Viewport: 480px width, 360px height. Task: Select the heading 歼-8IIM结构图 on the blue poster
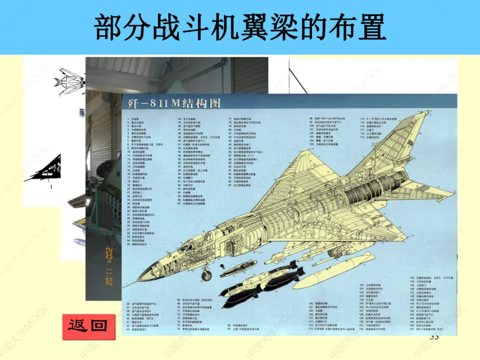click(171, 104)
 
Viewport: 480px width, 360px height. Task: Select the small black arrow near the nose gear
click(222, 266)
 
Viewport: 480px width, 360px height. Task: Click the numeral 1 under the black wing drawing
click(51, 187)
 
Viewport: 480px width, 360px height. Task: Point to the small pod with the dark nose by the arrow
click(240, 269)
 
